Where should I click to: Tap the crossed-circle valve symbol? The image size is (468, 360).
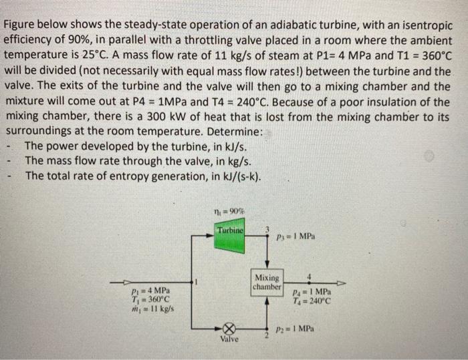pyautogui.click(x=229, y=328)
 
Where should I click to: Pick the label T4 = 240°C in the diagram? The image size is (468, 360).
pyautogui.click(x=312, y=300)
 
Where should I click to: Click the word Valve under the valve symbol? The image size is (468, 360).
pyautogui.click(x=229, y=340)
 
